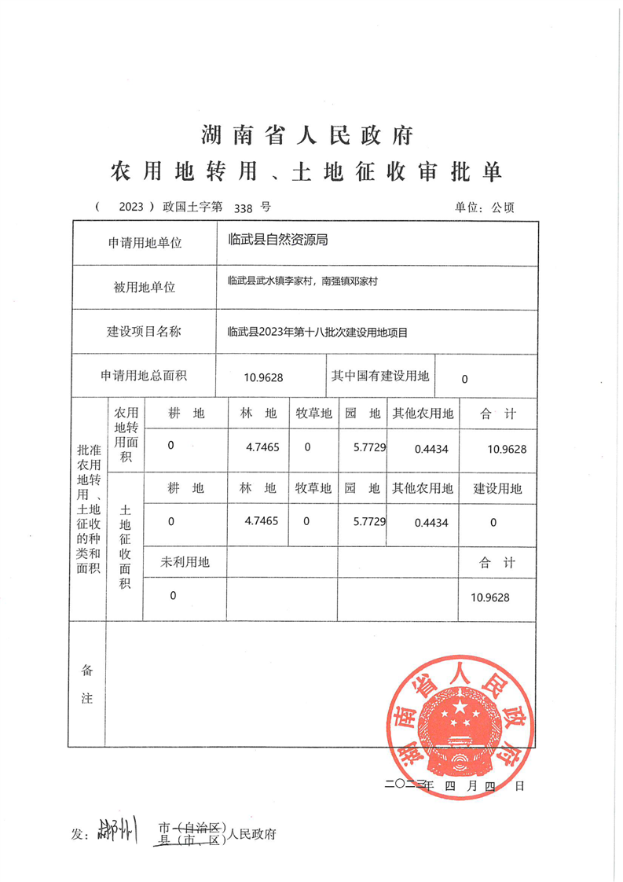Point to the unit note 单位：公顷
coord(484,208)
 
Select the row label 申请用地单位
coord(145,243)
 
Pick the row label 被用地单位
coord(145,287)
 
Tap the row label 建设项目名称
coord(145,332)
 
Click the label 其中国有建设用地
coord(380,377)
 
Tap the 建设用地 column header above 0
coord(497,488)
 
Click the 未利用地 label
coord(185,561)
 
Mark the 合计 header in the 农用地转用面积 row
coord(497,413)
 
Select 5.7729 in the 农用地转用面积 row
coord(369,447)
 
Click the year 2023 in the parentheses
coord(131,208)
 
